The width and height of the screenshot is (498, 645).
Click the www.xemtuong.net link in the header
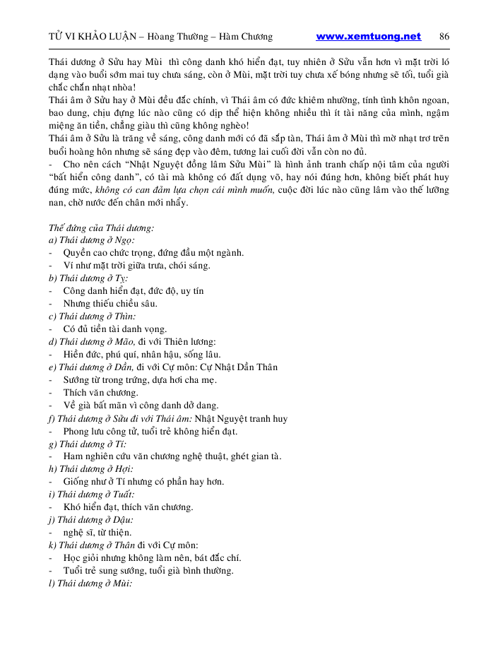point(368,37)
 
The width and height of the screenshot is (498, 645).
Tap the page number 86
point(444,37)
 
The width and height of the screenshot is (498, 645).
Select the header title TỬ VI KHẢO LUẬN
point(92,37)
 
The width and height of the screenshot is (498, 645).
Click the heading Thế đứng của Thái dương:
point(102,227)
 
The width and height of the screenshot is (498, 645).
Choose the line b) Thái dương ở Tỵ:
point(88,278)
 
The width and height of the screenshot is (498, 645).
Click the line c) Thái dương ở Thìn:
point(93,316)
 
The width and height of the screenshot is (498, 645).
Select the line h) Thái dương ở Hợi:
point(90,469)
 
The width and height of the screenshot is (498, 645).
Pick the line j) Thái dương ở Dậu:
point(91,520)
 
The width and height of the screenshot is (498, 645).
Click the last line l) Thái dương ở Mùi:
point(90,584)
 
